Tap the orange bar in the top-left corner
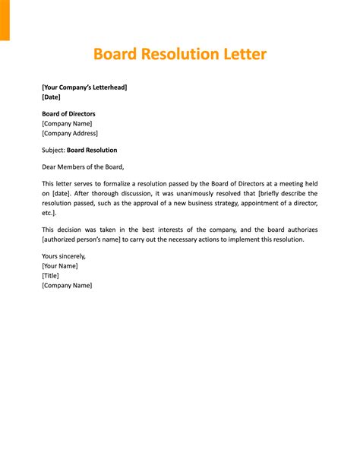point(5,19)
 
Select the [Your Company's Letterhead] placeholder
point(84,87)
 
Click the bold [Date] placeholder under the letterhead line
point(51,97)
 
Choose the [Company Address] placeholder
point(70,133)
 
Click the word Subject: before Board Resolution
point(53,150)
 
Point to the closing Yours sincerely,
point(65,256)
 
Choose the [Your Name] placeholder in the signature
point(59,266)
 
